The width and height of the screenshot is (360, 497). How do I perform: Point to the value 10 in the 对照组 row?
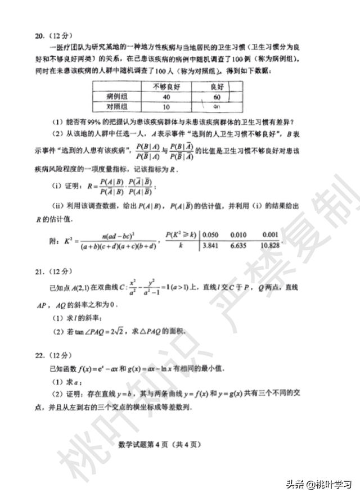pos(166,106)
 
